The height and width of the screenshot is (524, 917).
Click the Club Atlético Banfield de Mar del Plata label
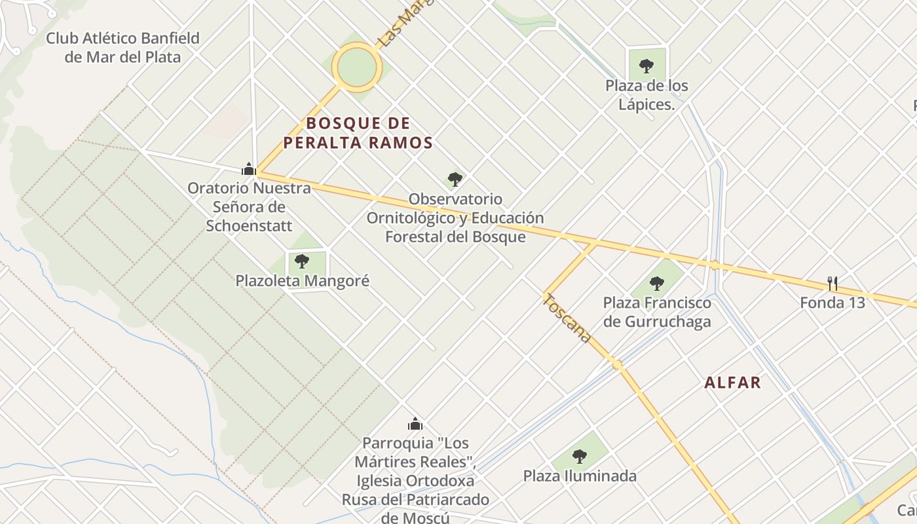tap(122, 47)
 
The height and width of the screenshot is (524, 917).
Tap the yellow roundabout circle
tap(356, 67)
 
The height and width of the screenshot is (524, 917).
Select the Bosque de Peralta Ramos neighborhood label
tap(358, 133)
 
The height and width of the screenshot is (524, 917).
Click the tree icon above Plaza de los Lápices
tap(646, 65)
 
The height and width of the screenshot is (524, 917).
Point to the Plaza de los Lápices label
tap(646, 95)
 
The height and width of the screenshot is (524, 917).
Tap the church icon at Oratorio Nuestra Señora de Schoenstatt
tap(248, 169)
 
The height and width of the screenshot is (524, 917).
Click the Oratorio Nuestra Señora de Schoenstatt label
tap(249, 206)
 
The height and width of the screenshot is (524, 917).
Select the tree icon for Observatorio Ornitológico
tap(455, 179)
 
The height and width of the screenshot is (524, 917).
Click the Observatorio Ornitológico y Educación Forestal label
tap(455, 217)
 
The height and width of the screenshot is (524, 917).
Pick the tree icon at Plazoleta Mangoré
tap(302, 261)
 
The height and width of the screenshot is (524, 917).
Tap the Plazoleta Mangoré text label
tap(303, 281)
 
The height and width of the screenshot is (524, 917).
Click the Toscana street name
tap(568, 318)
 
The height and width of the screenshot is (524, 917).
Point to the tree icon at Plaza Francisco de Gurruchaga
tap(657, 284)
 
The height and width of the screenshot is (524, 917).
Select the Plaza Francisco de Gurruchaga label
tap(657, 312)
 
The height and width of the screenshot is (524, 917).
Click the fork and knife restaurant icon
tap(833, 284)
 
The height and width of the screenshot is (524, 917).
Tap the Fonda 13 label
tap(833, 303)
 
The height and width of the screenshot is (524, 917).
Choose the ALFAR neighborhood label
tap(733, 383)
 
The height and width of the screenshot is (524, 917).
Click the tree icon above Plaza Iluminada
tap(579, 457)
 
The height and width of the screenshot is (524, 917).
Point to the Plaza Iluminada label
tap(580, 476)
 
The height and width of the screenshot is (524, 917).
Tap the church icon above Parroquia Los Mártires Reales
tap(415, 424)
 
